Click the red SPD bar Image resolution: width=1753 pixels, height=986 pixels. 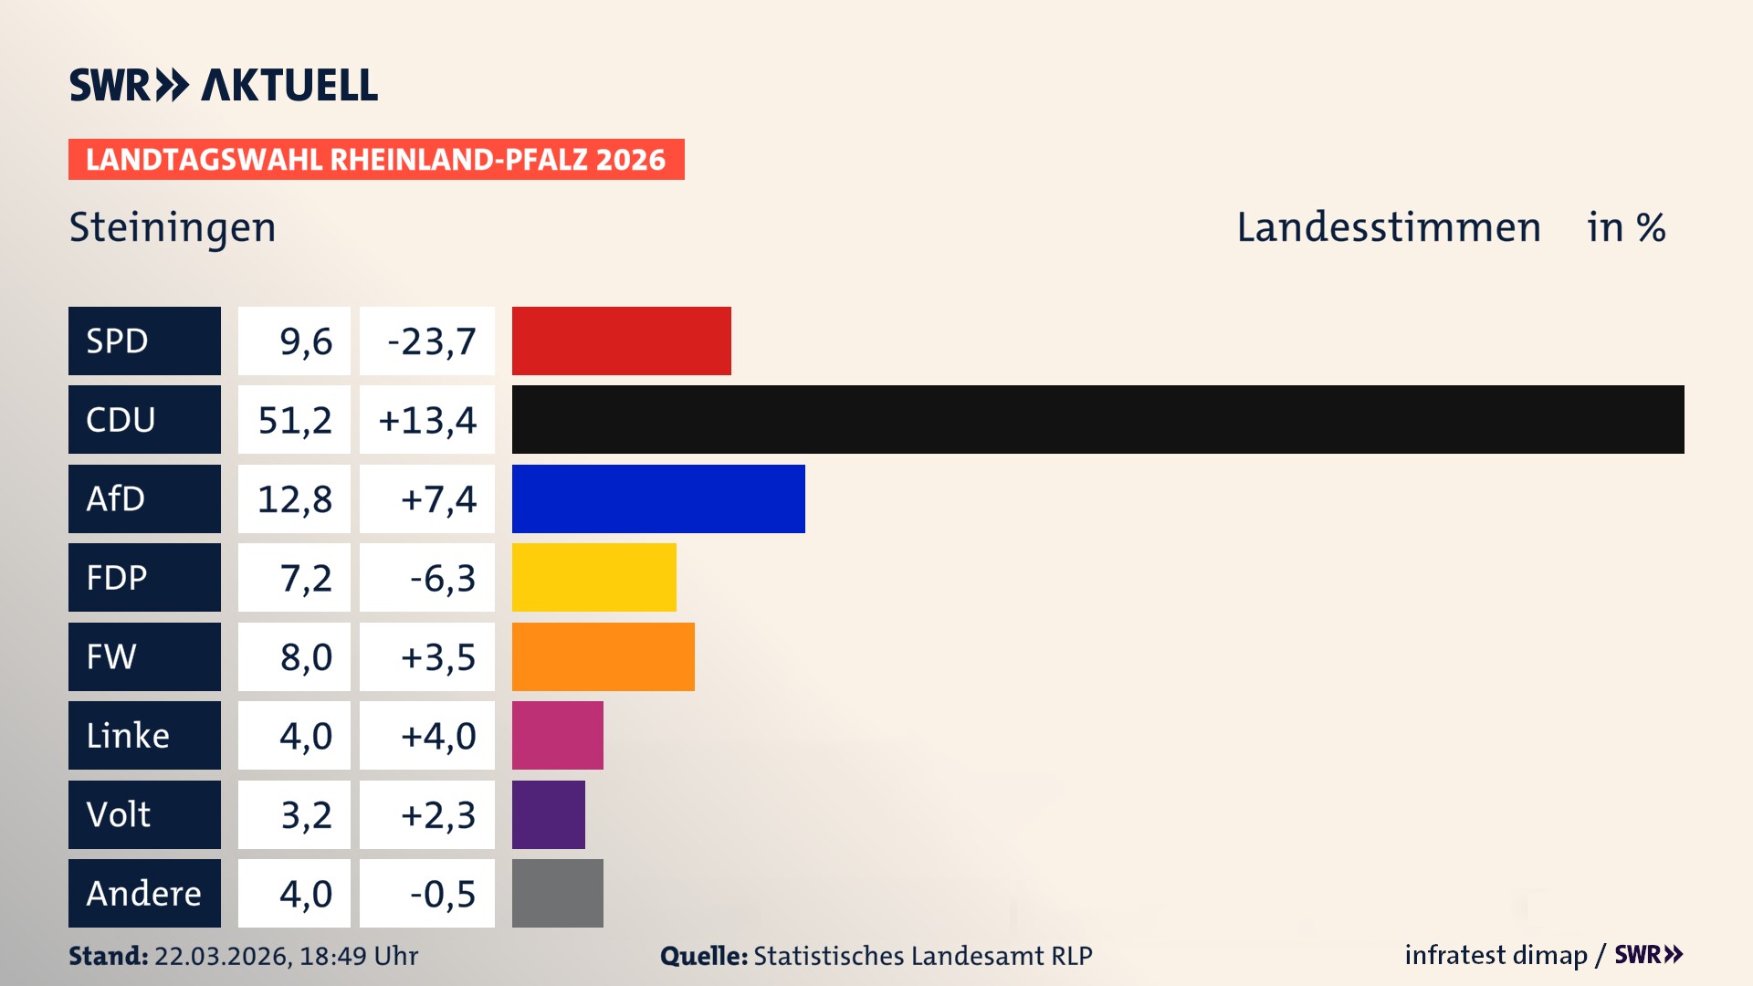(x=621, y=341)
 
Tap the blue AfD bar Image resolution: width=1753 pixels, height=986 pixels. (x=658, y=498)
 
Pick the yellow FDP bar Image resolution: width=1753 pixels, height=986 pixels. (x=593, y=577)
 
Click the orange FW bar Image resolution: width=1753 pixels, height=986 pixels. (x=603, y=656)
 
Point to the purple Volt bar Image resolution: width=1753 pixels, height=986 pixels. (x=548, y=814)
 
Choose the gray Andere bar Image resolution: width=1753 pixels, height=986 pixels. (x=557, y=893)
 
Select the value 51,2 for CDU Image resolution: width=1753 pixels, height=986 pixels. (x=294, y=420)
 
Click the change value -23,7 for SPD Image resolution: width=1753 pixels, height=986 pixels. (x=431, y=341)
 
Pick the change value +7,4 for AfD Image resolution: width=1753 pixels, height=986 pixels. (x=438, y=499)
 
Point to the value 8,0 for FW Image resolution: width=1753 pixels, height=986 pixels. (x=306, y=657)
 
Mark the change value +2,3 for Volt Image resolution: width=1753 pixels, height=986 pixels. (x=438, y=815)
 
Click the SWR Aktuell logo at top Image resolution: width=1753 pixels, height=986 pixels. (x=224, y=85)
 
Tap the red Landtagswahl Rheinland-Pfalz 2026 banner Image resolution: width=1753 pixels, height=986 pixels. (x=376, y=160)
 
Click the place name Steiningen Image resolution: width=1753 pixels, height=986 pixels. (x=173, y=227)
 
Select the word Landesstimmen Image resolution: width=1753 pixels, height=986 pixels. (x=1388, y=227)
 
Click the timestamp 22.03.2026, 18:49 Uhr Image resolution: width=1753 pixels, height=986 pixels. (x=286, y=956)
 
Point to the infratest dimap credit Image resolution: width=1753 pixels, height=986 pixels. (x=1496, y=955)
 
